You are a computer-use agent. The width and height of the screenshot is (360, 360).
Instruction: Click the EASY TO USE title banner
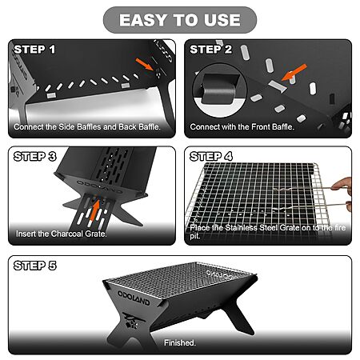180,20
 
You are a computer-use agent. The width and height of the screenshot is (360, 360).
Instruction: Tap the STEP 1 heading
34,50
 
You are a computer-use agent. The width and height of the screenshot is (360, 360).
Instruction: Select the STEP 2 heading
211,50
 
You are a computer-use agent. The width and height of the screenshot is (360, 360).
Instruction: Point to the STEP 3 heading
35,157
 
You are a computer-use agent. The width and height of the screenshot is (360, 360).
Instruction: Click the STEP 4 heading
211,157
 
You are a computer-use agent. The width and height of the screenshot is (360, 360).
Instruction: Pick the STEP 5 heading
35,266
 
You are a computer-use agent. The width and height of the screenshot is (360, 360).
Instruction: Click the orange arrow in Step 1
145,64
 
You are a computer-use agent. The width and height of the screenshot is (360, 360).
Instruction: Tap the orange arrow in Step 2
294,72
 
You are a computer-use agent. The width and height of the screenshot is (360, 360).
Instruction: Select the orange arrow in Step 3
94,210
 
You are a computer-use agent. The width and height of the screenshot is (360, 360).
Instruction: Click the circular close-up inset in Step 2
220,90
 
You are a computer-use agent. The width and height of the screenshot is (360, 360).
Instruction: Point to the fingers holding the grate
344,194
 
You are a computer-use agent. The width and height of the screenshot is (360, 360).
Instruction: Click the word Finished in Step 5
180,342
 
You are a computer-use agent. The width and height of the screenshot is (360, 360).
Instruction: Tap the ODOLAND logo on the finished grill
134,298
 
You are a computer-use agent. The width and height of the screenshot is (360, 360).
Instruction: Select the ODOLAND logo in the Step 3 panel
99,186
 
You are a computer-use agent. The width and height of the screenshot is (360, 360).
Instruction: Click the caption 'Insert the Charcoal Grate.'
62,234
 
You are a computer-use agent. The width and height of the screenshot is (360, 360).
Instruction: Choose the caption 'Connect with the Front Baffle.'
242,126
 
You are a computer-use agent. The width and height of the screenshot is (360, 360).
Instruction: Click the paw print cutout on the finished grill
132,325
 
